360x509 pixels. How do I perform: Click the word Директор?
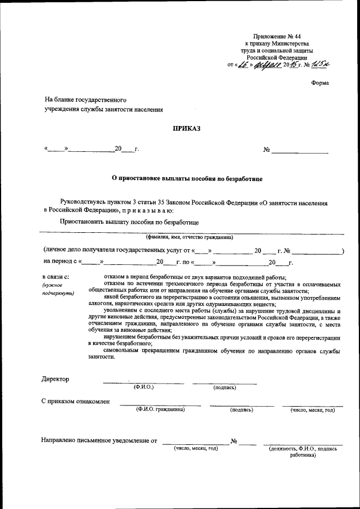[56, 379]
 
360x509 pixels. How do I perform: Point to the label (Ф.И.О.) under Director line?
[143, 388]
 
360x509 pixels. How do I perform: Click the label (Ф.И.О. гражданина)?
[160, 410]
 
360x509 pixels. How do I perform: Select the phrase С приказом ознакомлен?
[76, 402]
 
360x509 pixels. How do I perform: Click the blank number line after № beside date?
[301, 150]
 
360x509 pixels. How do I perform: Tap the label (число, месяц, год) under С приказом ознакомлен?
[312, 410]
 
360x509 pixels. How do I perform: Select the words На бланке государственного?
[82, 100]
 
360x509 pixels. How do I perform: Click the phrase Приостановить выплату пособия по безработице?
[130, 222]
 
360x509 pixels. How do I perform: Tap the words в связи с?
[56, 277]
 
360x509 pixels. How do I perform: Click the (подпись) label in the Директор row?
[225, 388]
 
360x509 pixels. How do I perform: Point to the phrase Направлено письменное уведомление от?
[99, 440]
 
